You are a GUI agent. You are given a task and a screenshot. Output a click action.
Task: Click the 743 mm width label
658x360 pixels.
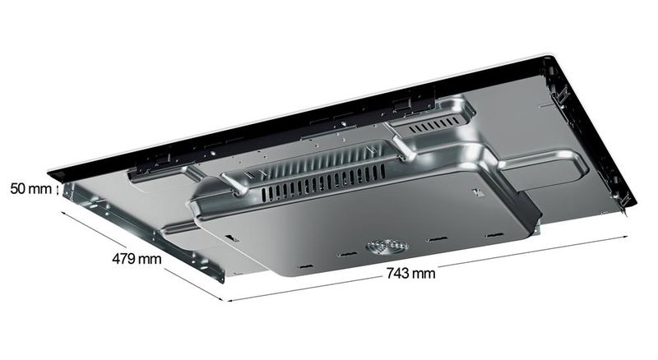tap(410, 274)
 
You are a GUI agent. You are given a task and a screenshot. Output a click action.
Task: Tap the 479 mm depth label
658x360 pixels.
tap(137, 258)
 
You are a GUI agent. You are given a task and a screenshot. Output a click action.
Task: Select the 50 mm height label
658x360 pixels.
tap(30, 188)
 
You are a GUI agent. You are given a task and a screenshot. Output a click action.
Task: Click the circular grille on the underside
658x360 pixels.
tap(387, 247)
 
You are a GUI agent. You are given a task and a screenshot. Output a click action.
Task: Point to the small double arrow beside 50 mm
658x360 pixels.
tap(57, 188)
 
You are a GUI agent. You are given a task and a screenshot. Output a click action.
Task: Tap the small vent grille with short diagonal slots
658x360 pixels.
tap(435, 125)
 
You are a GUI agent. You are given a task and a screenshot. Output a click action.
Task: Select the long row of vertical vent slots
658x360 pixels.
tap(323, 182)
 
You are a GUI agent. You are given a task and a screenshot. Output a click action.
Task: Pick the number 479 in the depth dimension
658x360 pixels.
tap(124, 258)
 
